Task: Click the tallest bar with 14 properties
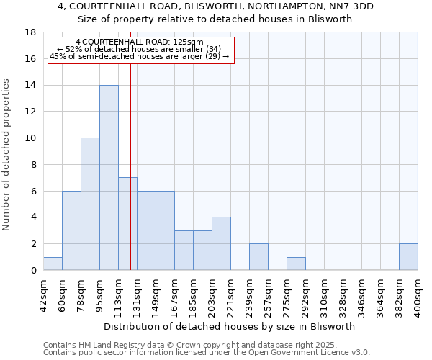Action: (109, 178)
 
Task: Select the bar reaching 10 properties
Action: (90, 204)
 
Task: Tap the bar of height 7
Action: (127, 224)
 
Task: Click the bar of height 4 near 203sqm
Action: (221, 244)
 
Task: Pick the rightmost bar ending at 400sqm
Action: (408, 257)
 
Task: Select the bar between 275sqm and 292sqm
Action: (296, 264)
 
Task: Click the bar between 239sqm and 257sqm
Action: (258, 257)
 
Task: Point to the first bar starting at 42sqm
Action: (53, 264)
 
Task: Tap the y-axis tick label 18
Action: (31, 32)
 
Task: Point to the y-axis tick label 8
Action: (33, 165)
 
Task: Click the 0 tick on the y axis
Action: (33, 271)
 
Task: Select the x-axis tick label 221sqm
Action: (231, 293)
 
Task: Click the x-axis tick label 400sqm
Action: (418, 293)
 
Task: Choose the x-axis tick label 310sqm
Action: (325, 293)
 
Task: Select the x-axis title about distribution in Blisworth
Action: (230, 326)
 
